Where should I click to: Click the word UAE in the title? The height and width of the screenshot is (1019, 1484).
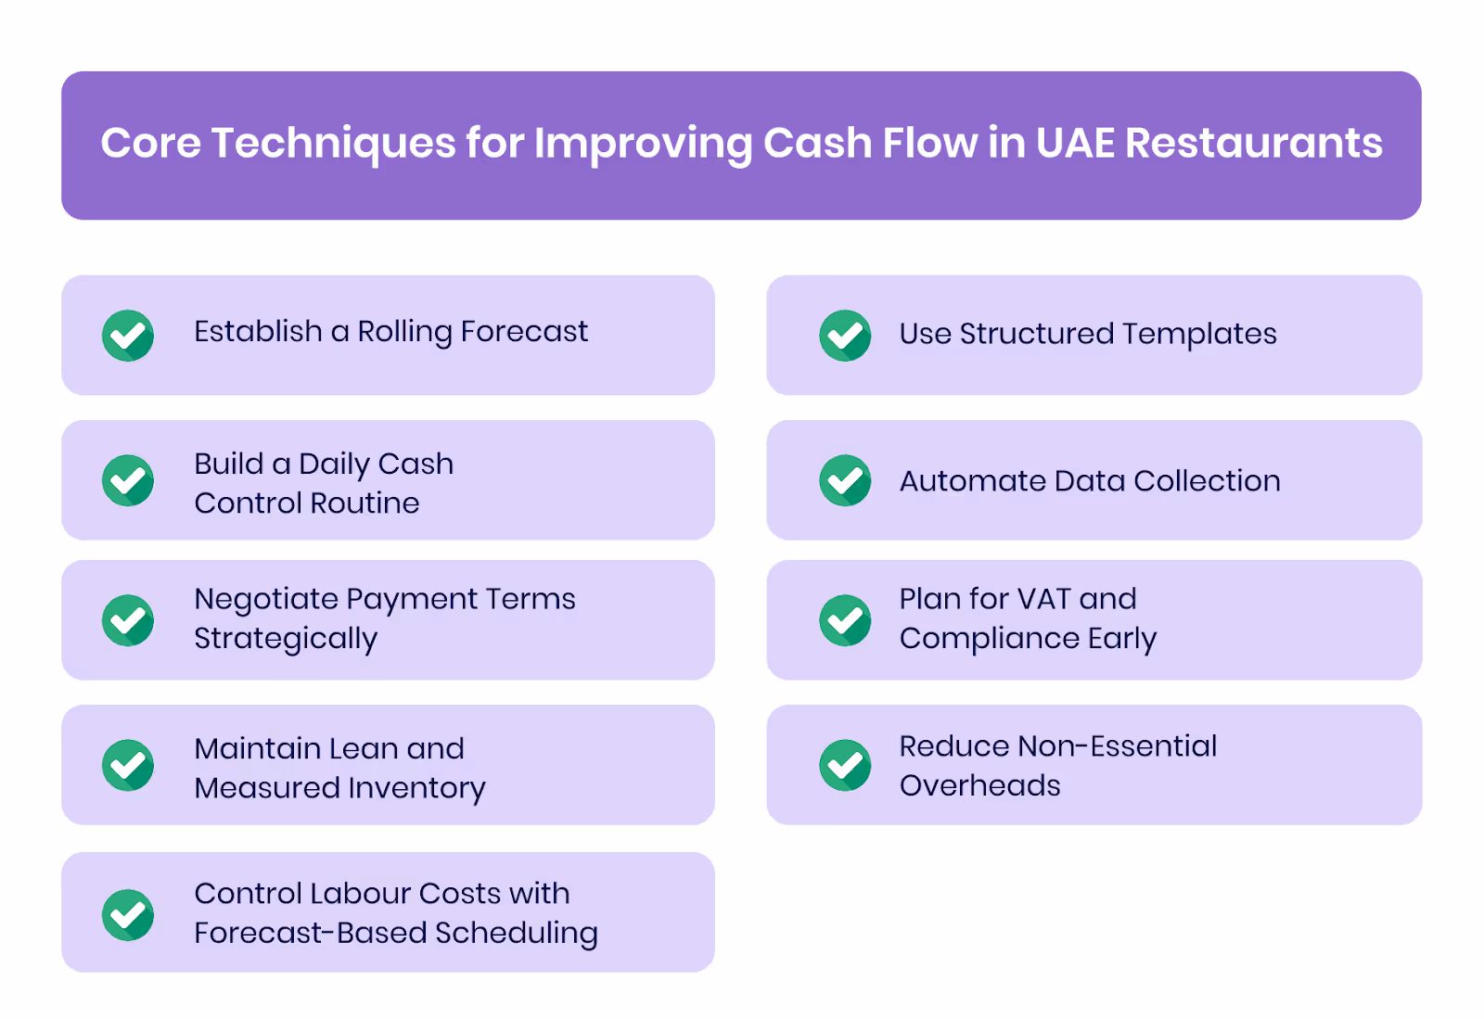click(1074, 144)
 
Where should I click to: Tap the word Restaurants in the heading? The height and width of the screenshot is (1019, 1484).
click(1253, 144)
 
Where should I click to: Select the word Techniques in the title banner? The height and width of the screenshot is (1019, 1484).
click(333, 144)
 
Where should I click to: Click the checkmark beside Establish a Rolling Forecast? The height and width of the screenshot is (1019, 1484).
click(128, 335)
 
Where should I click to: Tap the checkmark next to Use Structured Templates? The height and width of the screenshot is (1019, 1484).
click(845, 335)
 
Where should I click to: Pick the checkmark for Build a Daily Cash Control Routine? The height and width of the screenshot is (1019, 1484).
click(128, 480)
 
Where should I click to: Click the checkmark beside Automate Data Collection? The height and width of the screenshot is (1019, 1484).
click(845, 480)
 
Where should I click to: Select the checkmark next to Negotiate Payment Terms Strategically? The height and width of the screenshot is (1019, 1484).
click(128, 620)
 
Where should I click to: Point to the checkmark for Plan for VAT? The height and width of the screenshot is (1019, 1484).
click(845, 620)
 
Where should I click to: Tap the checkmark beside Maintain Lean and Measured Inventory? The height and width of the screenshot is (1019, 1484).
click(128, 765)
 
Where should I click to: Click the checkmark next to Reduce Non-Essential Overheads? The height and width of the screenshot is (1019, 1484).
click(845, 765)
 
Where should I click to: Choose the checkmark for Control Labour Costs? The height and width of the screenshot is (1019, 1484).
click(128, 915)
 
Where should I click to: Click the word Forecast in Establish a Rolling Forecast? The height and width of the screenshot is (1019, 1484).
click(524, 331)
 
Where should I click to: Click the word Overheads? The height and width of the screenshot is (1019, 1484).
click(979, 785)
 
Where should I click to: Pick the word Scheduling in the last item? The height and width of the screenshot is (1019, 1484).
click(516, 934)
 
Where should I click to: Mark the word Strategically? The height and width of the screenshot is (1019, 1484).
click(286, 639)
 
